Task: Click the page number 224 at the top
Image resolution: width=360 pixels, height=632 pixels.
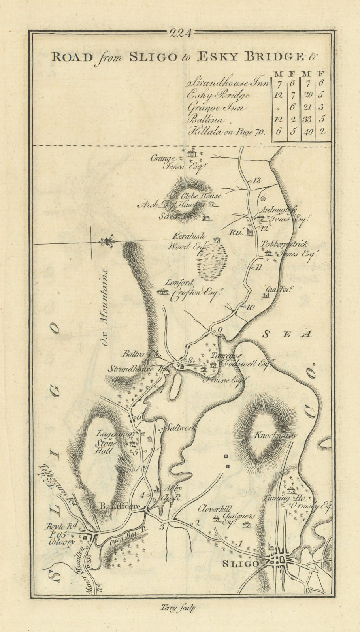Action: pyautogui.click(x=180, y=34)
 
